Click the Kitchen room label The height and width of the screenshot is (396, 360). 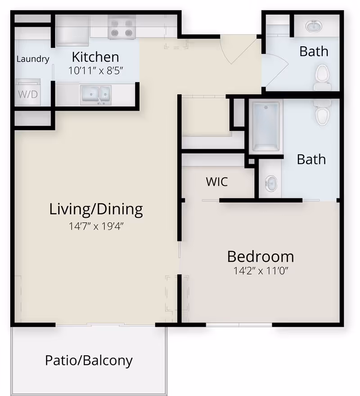point(95,57)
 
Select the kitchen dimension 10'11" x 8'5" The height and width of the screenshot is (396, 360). point(95,70)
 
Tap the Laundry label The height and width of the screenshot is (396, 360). point(32,59)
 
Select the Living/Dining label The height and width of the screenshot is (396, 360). point(96,209)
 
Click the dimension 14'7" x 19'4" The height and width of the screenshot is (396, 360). point(96,226)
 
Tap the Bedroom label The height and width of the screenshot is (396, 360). point(260,256)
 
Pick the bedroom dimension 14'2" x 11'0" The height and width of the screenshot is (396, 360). point(260,271)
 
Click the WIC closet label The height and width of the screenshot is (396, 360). point(217,182)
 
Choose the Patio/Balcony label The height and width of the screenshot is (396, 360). point(89,360)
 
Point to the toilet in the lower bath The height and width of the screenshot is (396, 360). point(322,113)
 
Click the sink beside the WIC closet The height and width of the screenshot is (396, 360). point(270,183)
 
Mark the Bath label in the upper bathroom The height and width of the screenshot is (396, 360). point(314,51)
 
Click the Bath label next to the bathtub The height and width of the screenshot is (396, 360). point(311,159)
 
